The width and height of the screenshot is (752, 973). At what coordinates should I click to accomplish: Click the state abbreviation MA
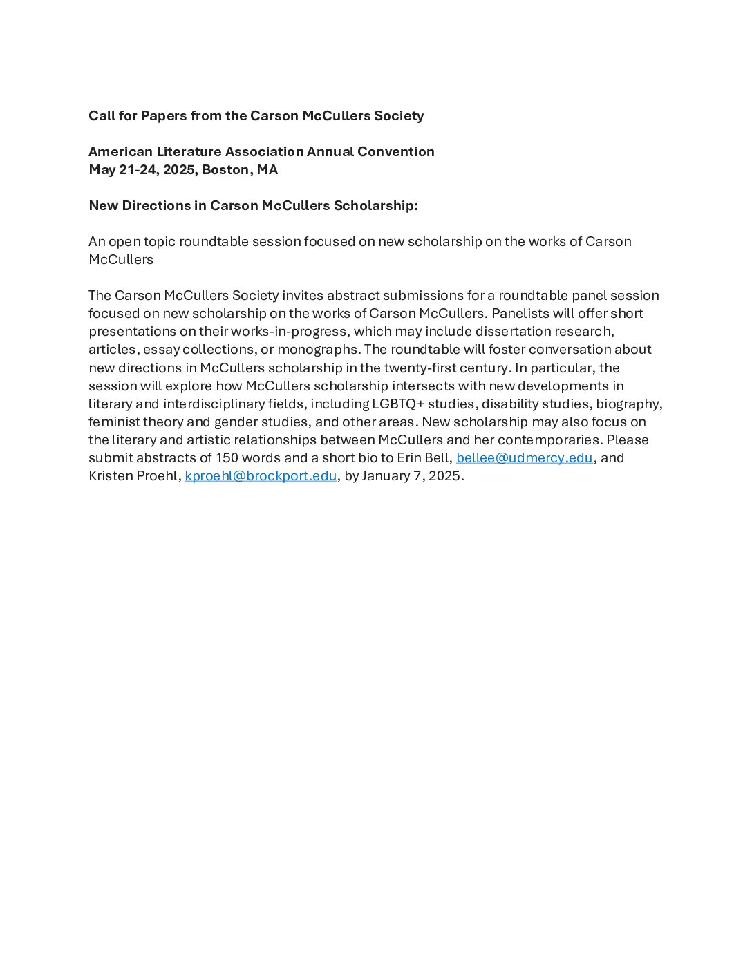pyautogui.click(x=267, y=169)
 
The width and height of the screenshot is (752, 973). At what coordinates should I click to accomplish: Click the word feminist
pyautogui.click(x=113, y=422)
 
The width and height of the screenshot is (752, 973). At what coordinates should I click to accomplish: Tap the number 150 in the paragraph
pyautogui.click(x=227, y=457)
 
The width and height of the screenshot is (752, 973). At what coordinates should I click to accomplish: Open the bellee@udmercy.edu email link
pyautogui.click(x=524, y=457)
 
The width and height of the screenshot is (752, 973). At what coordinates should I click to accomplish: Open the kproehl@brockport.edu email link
pyautogui.click(x=261, y=475)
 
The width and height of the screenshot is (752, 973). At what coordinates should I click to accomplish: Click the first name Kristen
pyautogui.click(x=110, y=475)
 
